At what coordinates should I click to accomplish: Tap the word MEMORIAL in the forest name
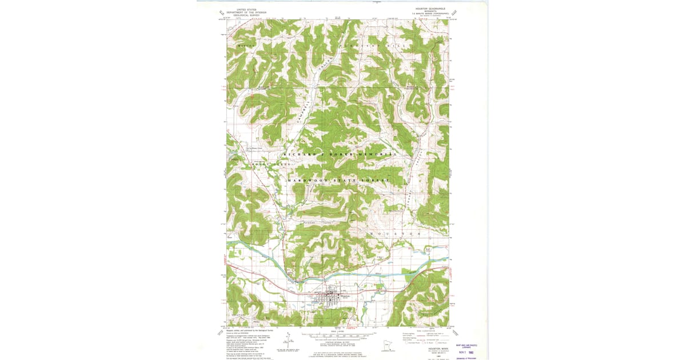(x=378, y=155)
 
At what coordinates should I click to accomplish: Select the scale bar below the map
(x=337, y=333)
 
